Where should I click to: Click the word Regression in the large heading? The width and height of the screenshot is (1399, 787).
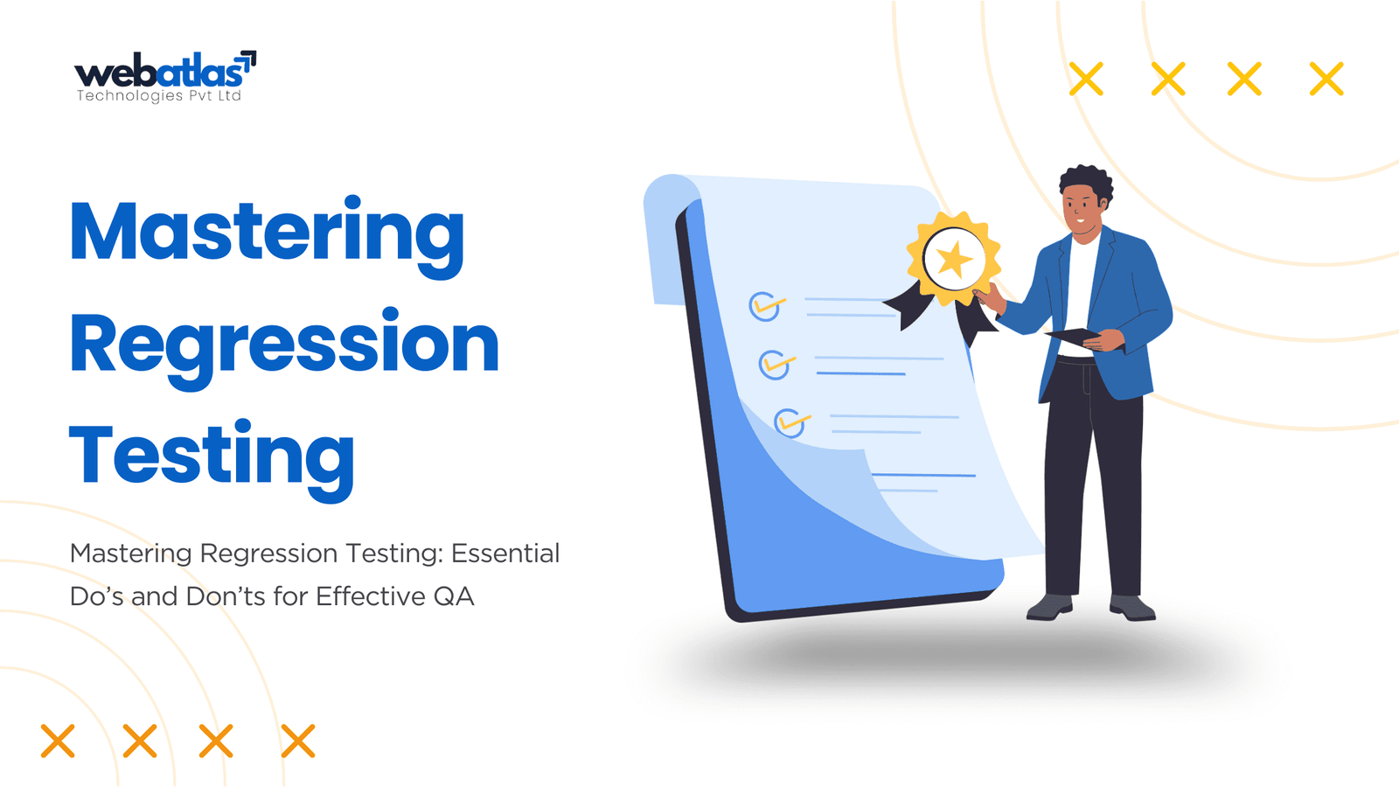click(x=284, y=346)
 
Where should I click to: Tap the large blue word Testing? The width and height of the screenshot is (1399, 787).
click(x=212, y=459)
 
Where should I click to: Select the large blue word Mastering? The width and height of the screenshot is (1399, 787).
click(x=268, y=236)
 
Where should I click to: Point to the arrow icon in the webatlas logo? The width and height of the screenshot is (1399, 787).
click(x=248, y=60)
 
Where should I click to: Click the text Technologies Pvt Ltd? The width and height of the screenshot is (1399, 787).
click(x=158, y=95)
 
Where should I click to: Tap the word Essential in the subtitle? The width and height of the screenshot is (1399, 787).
click(x=505, y=554)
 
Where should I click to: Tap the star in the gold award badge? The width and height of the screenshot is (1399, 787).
click(x=954, y=259)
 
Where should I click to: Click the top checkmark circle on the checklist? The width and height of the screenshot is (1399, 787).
click(x=764, y=306)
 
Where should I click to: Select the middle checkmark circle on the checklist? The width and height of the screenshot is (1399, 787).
click(x=775, y=365)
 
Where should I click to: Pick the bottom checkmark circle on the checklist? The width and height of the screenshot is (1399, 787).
click(x=790, y=423)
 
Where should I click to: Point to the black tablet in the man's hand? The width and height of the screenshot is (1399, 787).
click(x=1072, y=336)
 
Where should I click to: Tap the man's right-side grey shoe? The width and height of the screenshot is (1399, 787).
click(x=1131, y=607)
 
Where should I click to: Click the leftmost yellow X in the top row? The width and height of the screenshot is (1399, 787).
click(x=1086, y=79)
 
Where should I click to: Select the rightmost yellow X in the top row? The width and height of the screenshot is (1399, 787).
click(x=1326, y=79)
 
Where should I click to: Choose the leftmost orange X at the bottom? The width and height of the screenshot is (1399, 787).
click(x=58, y=741)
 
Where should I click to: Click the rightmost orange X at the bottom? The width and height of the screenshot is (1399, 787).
click(x=298, y=741)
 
